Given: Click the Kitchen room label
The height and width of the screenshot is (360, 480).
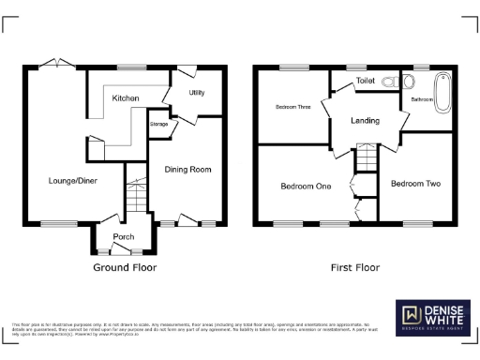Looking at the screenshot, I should [x=126, y=98].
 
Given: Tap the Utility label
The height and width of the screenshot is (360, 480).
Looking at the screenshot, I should [x=197, y=93].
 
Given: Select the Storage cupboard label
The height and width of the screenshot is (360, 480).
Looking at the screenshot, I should [x=158, y=123].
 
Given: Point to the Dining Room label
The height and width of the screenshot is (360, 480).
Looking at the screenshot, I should [x=187, y=170].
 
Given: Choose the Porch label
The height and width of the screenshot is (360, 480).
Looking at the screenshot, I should [x=122, y=236].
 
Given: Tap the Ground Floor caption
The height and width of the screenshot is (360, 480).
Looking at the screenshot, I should [x=124, y=267].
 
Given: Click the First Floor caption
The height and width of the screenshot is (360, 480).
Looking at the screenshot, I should [x=355, y=267].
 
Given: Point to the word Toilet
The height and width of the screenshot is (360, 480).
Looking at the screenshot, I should [x=365, y=82].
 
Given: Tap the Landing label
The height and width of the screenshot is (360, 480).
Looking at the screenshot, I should [x=365, y=121].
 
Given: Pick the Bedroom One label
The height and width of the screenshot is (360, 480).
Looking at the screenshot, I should [x=306, y=186].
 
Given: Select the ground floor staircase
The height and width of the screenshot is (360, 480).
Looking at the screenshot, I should [x=138, y=198].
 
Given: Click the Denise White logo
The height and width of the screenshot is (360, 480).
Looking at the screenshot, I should [x=432, y=316].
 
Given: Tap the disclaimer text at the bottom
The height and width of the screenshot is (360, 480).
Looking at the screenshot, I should [x=197, y=327].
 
